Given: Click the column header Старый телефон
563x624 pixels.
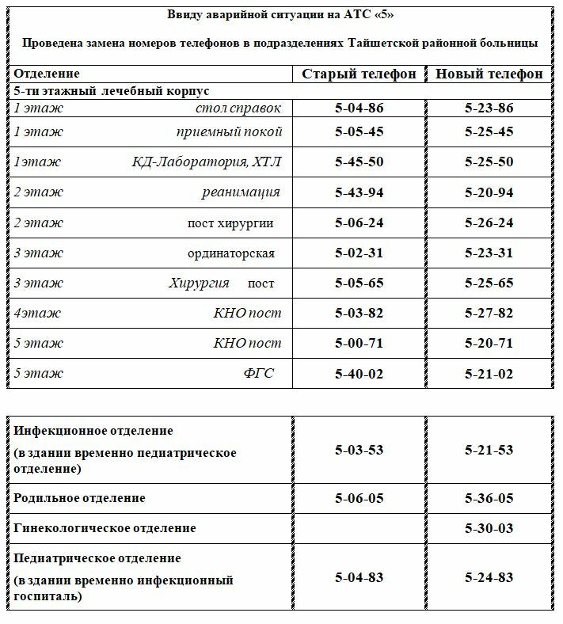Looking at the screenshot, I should click(x=359, y=74).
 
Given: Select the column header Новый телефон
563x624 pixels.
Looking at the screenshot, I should click(x=489, y=74).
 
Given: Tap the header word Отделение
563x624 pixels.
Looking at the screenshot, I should click(x=47, y=74).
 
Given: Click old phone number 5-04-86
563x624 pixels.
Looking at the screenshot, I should click(x=359, y=108).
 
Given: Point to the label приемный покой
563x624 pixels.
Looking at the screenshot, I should click(x=229, y=131).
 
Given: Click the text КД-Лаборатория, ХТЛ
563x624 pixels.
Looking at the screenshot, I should click(x=206, y=162).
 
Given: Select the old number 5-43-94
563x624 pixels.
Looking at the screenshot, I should click(x=359, y=192).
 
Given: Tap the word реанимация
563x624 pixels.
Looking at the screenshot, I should click(x=240, y=192).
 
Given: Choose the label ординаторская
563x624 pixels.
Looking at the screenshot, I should click(x=231, y=253).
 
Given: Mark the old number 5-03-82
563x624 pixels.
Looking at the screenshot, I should click(x=359, y=313).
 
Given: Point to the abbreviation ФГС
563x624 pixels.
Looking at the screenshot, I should click(x=258, y=373).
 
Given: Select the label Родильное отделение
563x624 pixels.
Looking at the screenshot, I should click(x=79, y=498).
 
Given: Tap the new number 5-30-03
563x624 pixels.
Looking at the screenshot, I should click(x=489, y=527).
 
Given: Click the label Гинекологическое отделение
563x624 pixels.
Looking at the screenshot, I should click(x=105, y=527).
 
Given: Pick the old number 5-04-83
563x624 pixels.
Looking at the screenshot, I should click(x=359, y=577).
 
